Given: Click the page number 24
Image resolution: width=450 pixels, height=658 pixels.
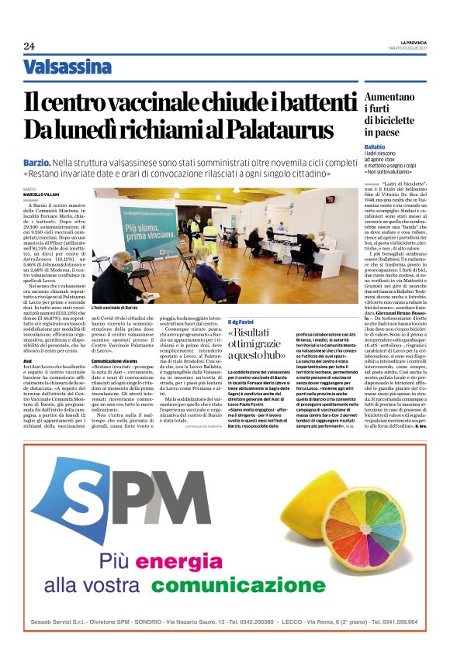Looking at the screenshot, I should click(x=29, y=46).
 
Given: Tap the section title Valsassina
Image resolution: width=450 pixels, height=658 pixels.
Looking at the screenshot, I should click(x=67, y=67).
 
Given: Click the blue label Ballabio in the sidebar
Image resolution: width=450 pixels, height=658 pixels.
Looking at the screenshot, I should click(x=375, y=146).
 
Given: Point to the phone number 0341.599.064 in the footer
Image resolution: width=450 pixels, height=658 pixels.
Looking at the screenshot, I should click(x=393, y=622).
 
